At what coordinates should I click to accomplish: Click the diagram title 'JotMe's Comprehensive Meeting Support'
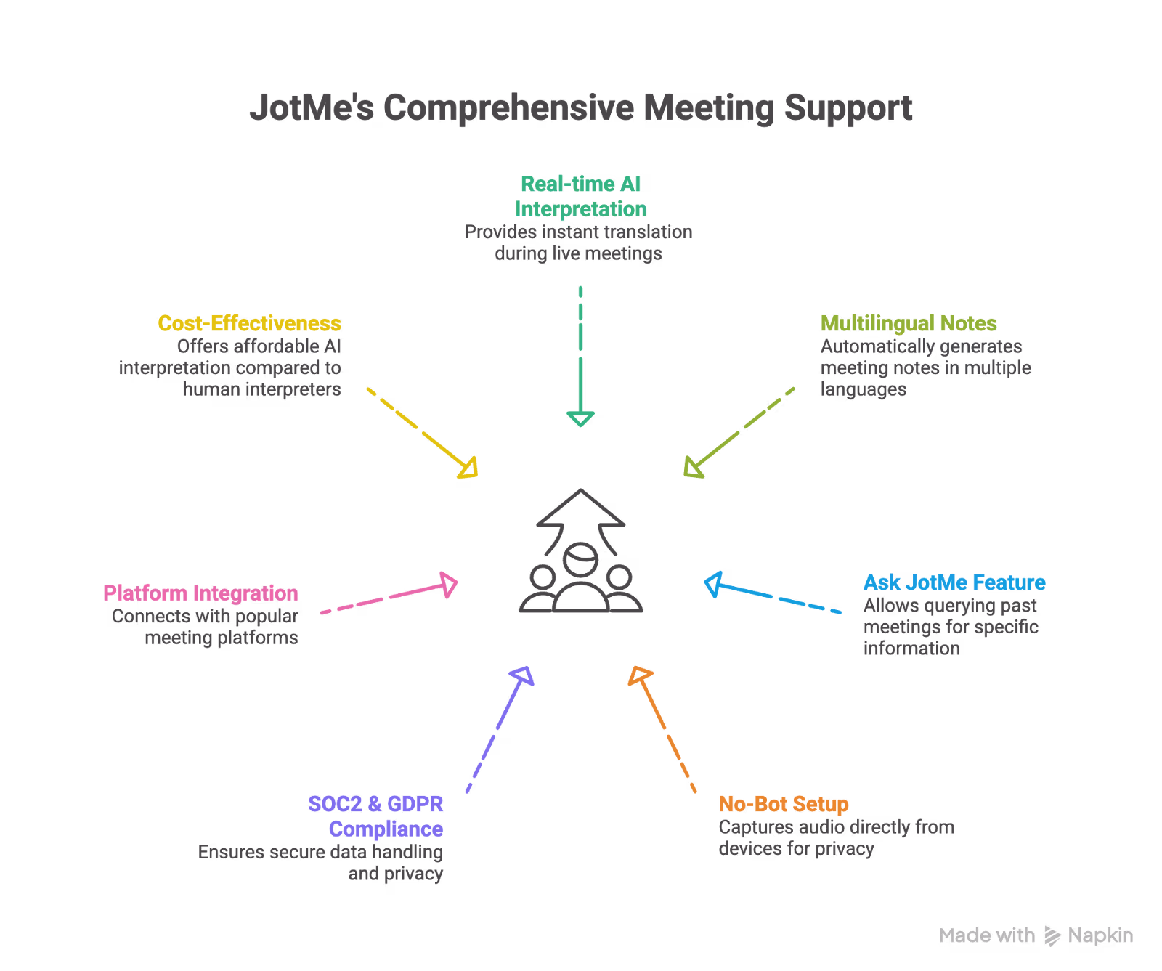pyautogui.click(x=581, y=108)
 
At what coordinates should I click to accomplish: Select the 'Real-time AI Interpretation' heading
pyautogui.click(x=580, y=196)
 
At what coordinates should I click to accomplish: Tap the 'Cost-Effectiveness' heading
pyautogui.click(x=249, y=323)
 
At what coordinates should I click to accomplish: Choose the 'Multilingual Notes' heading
pyautogui.click(x=909, y=323)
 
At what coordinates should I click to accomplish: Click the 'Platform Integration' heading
pyautogui.click(x=200, y=593)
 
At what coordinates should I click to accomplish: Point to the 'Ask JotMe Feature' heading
pyautogui.click(x=954, y=582)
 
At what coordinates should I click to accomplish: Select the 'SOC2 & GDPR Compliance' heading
pyautogui.click(x=375, y=816)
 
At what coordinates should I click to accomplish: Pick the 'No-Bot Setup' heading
pyautogui.click(x=784, y=804)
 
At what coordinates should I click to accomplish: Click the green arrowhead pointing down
pyautogui.click(x=580, y=418)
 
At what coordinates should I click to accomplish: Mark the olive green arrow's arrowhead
pyautogui.click(x=693, y=468)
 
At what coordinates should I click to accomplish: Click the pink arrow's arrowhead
pyautogui.click(x=449, y=584)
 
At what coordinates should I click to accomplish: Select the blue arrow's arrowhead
pyautogui.click(x=713, y=584)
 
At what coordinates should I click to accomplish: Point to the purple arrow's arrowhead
pyautogui.click(x=523, y=675)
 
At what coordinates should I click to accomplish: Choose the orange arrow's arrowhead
pyautogui.click(x=639, y=675)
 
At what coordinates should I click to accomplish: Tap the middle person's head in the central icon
pyautogui.click(x=580, y=559)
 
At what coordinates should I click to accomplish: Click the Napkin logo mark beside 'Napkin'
pyautogui.click(x=1052, y=935)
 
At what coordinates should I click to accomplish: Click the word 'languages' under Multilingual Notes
pyautogui.click(x=864, y=390)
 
